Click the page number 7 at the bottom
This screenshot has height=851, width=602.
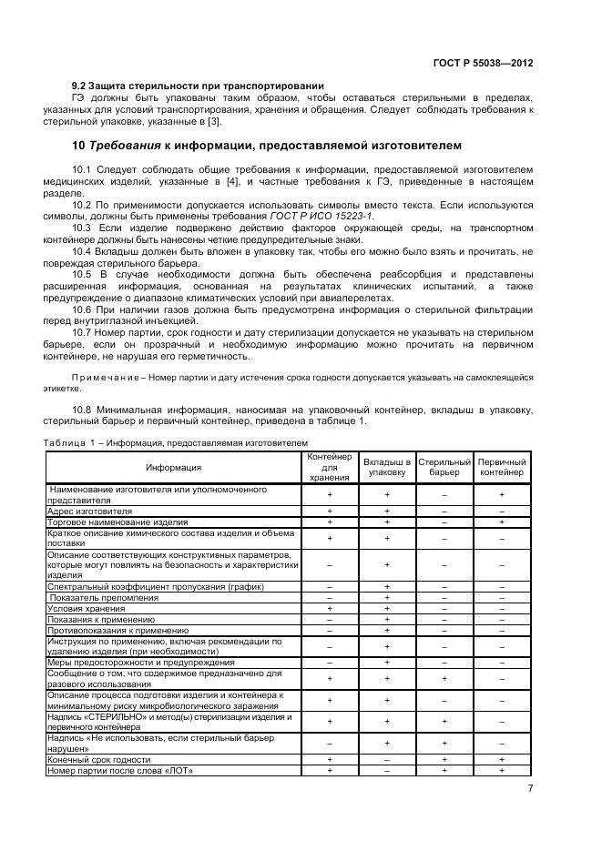coord(529,788)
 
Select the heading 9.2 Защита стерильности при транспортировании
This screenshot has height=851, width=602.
coord(198,86)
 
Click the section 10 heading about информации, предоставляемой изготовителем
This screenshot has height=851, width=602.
coord(267,146)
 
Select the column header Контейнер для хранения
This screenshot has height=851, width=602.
coord(328,467)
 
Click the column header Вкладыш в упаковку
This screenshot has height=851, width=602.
coord(386,467)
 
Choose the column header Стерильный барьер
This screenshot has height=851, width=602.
coord(444,467)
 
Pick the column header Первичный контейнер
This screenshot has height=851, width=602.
coord(502,467)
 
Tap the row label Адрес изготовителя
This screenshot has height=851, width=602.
coord(89,512)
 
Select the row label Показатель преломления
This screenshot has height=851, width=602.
coord(104,598)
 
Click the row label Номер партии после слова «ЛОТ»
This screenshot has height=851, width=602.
coord(120,771)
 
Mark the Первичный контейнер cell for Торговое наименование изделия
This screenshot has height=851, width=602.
coord(502,522)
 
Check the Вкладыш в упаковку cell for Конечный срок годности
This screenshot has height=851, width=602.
coord(386,759)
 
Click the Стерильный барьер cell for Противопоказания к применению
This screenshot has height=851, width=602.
coord(444,630)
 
